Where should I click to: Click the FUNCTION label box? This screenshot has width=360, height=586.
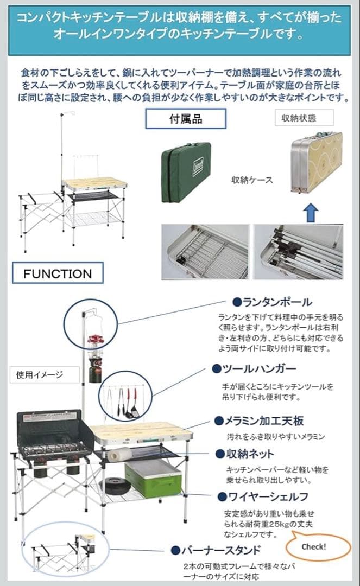coord(58,273)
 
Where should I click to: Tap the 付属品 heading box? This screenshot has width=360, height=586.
coord(186,118)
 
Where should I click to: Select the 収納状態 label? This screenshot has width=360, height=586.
coord(299,117)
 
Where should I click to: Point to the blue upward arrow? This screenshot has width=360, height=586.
coord(310,212)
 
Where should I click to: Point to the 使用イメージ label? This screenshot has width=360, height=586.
coord(40,374)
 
